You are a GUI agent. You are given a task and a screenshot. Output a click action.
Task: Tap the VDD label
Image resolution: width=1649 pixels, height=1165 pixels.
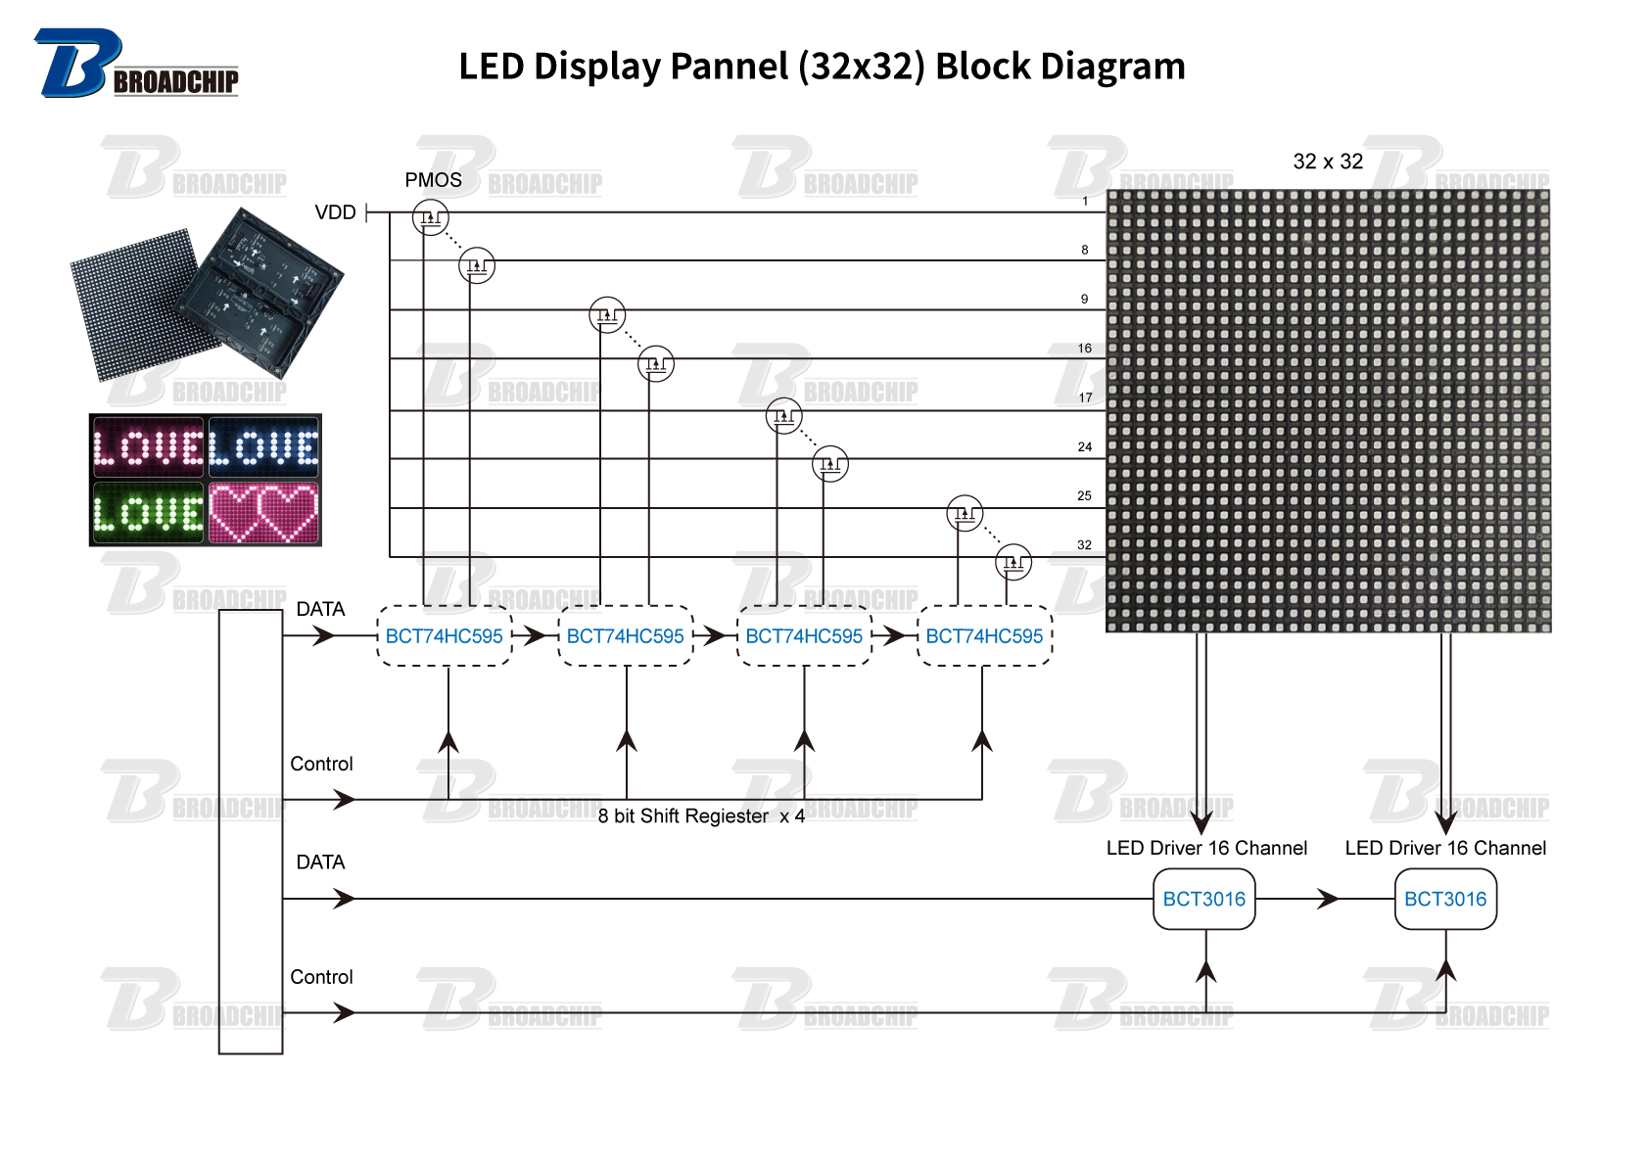pos(335,212)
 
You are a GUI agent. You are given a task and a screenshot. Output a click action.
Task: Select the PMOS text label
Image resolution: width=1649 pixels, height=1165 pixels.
pos(433,180)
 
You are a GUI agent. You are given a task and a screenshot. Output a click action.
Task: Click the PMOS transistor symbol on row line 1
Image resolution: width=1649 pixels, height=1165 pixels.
pos(431,217)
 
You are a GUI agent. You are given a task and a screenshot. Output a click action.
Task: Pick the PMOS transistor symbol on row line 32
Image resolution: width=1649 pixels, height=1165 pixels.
pos(1013,562)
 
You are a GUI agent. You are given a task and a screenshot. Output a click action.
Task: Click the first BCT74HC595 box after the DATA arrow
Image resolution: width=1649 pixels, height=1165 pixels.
pos(444,636)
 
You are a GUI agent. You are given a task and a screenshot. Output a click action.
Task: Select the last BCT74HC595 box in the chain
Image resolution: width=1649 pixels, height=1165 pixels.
pos(984,636)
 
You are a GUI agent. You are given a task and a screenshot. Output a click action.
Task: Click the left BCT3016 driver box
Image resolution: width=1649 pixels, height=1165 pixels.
pos(1203,899)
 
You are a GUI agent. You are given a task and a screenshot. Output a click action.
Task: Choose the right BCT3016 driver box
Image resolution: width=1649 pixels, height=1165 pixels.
pos(1445,899)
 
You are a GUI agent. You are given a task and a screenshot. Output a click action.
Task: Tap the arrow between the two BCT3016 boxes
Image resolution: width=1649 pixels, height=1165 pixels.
pos(1327,899)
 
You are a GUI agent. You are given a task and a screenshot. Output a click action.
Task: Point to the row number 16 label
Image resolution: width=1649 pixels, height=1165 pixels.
pos(1084,349)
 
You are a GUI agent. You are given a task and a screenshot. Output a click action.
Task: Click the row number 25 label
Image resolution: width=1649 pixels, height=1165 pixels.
pos(1084,495)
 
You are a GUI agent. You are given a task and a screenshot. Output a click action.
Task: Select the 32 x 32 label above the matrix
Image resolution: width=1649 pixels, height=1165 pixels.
pos(1328,162)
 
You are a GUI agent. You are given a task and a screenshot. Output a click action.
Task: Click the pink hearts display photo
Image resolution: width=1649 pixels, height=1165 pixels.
pos(264,512)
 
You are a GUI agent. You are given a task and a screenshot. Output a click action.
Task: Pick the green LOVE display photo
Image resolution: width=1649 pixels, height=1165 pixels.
pos(148,512)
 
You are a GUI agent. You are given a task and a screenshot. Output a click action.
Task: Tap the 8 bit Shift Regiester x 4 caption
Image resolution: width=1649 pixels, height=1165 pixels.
pos(701,816)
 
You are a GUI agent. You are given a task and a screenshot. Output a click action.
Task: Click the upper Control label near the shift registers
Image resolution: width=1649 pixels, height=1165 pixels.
pos(321,764)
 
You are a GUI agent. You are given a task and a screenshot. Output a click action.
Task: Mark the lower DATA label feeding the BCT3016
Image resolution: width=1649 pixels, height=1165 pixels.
pos(320,862)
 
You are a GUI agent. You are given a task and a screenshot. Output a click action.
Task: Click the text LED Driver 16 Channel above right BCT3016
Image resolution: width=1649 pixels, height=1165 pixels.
pos(1445,848)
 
